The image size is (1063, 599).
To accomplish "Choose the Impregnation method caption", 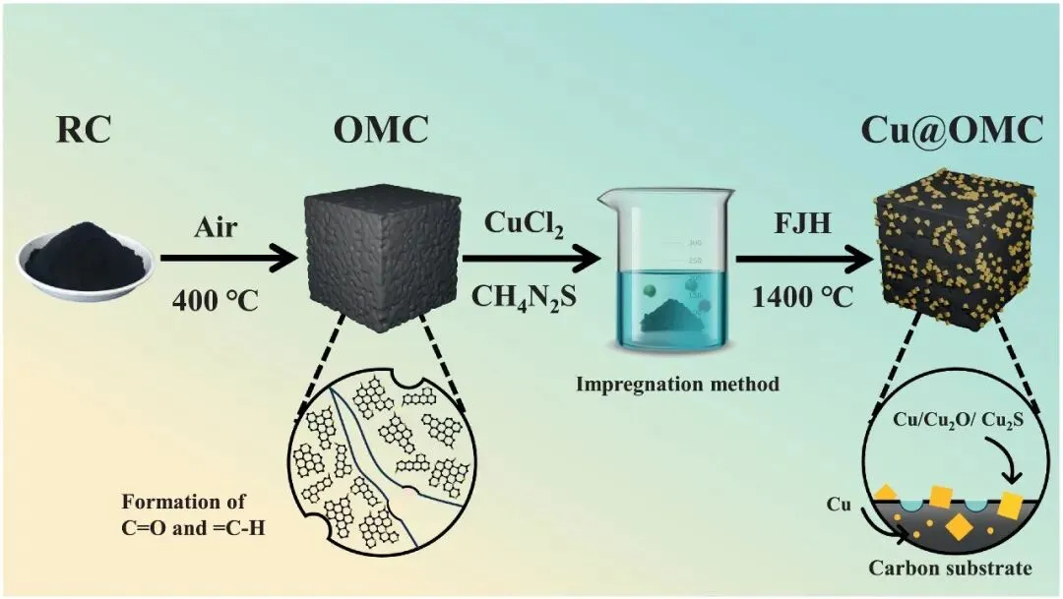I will click(x=677, y=384).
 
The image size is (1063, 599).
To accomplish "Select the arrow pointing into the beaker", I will click(x=531, y=261).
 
